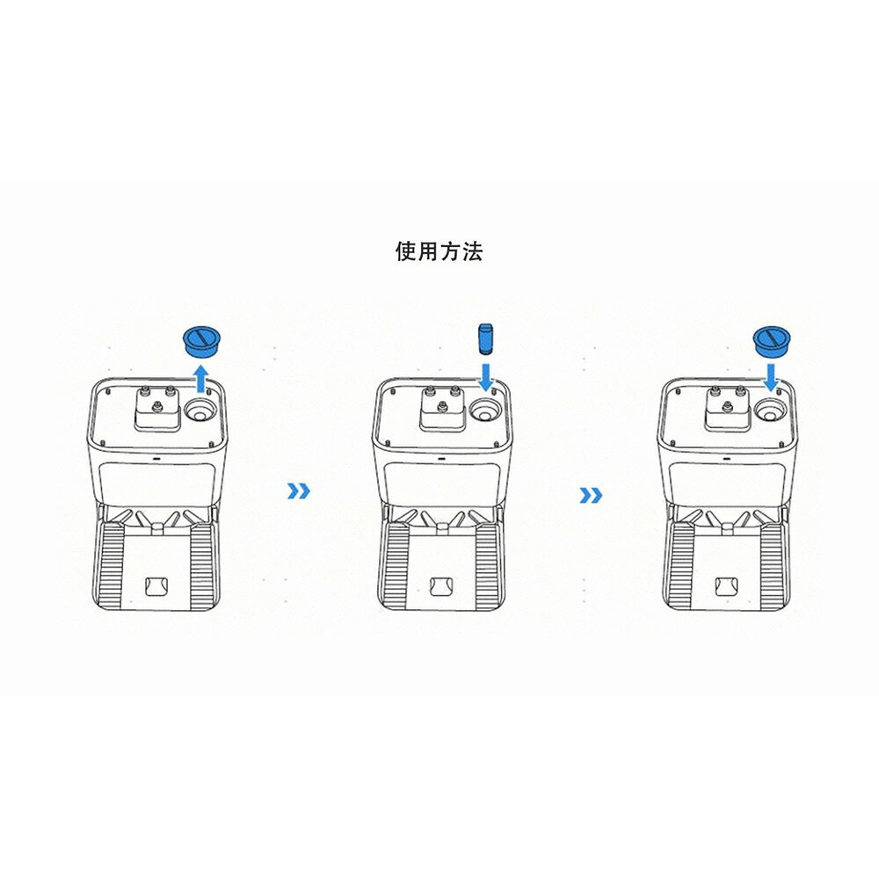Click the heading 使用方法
point(439,251)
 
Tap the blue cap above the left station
point(202,341)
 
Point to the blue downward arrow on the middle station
point(485,377)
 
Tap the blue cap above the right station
point(772,341)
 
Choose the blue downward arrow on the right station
point(772,378)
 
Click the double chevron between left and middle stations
point(298,491)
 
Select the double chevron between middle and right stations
point(591,495)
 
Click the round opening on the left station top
point(200,410)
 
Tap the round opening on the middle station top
point(485,410)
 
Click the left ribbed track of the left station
point(111,565)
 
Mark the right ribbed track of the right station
point(772,565)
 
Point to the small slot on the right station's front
point(727,458)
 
